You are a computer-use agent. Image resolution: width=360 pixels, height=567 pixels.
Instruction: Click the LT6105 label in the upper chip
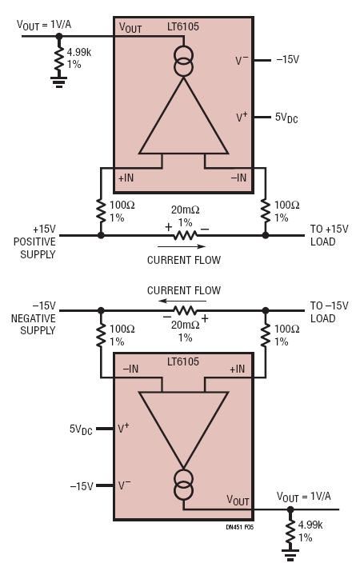[182, 26]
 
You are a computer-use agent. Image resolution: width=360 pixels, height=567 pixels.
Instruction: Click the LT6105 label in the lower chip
[182, 361]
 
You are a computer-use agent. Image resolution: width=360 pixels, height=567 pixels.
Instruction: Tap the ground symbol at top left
[58, 82]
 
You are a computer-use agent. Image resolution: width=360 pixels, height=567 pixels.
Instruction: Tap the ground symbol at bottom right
[290, 554]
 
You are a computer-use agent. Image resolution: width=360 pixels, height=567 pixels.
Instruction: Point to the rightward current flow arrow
[182, 246]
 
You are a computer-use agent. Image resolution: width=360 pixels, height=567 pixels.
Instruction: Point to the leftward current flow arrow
[183, 301]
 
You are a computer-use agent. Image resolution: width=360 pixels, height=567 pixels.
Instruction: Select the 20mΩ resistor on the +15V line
[185, 236]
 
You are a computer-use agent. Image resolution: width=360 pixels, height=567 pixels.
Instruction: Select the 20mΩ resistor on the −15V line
[185, 310]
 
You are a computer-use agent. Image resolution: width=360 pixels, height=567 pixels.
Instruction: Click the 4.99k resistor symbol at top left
[59, 61]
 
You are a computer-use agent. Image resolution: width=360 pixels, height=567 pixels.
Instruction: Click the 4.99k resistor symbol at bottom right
[290, 533]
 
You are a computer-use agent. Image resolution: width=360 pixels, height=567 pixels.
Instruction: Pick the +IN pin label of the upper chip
[126, 178]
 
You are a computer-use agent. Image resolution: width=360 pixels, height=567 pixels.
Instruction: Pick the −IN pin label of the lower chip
[130, 369]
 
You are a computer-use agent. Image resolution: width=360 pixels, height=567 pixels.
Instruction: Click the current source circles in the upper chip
[183, 62]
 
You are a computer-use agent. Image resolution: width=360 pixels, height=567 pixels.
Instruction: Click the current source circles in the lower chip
[183, 485]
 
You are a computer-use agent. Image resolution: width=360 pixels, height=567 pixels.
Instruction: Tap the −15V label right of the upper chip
[288, 60]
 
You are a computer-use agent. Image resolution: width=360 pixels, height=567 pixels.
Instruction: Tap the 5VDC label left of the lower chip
[81, 429]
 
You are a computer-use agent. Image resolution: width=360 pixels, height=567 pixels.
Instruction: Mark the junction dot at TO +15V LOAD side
[266, 235]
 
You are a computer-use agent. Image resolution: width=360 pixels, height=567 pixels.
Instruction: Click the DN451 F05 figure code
[239, 527]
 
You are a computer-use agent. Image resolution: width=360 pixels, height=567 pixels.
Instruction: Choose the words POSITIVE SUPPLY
[34, 248]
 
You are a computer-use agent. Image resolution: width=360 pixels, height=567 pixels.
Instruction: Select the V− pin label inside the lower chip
[125, 485]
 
